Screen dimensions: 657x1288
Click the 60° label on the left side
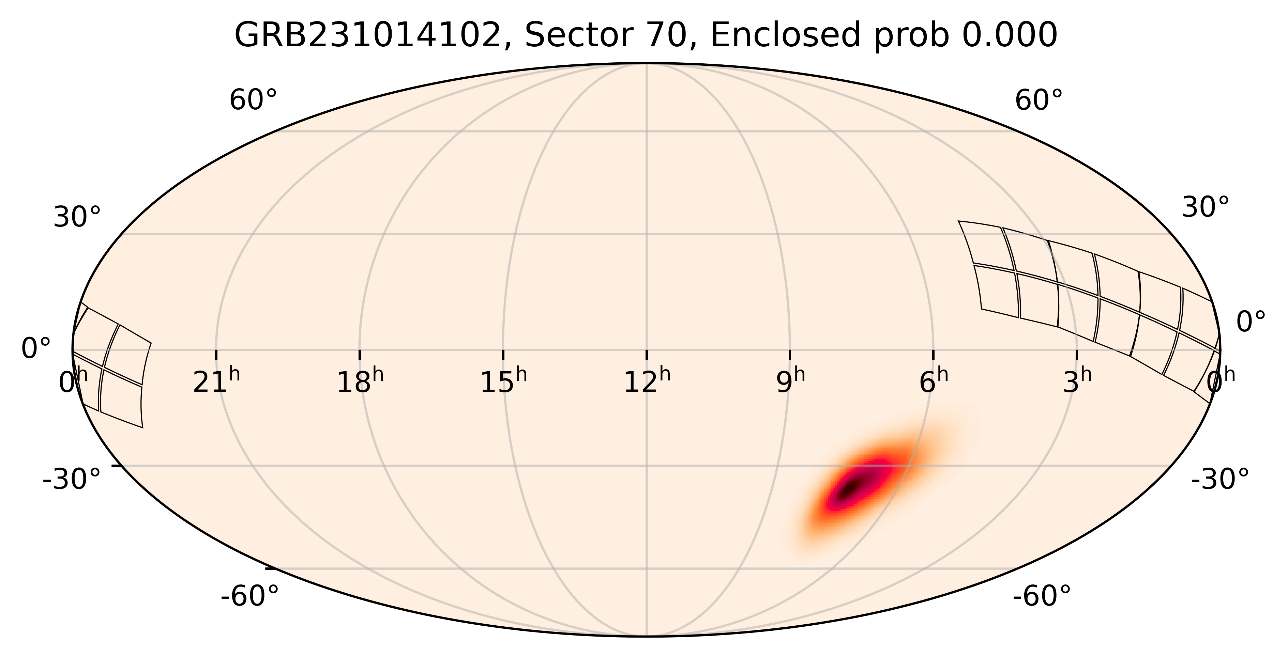(253, 100)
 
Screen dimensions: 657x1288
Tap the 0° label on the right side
(1251, 322)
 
